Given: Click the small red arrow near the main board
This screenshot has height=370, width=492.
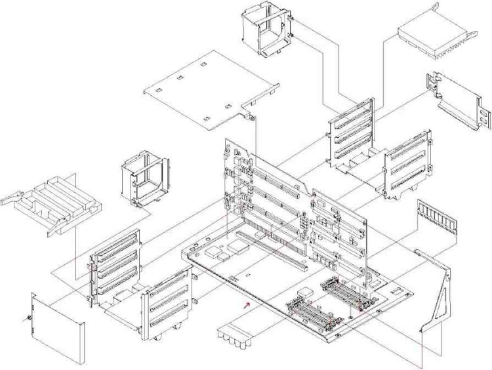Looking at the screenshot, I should pos(246,304).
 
